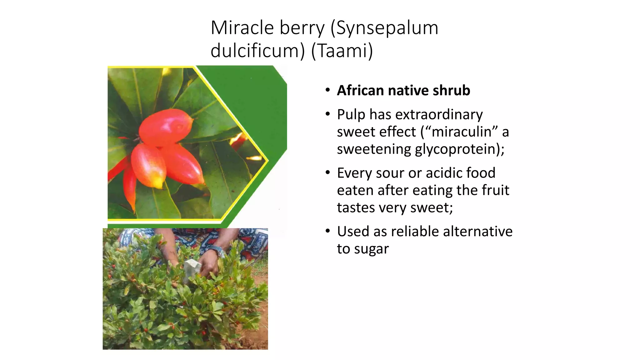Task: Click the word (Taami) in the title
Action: pos(342,51)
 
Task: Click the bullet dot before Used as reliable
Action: pos(327,231)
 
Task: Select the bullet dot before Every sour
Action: pos(327,173)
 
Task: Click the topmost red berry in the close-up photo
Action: pos(166,127)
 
